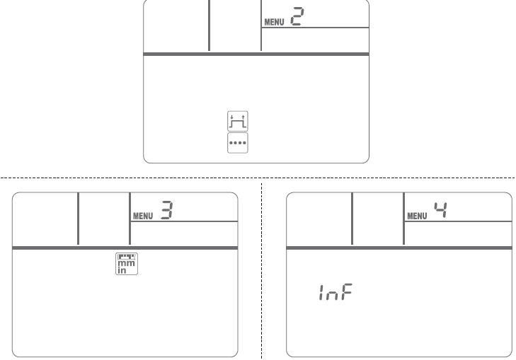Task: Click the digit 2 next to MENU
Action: click(x=297, y=16)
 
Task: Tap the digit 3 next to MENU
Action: click(x=167, y=210)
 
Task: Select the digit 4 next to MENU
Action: click(x=441, y=210)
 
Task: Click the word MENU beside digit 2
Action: click(x=274, y=22)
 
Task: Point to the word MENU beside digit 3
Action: click(x=143, y=216)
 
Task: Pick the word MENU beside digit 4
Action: click(x=417, y=216)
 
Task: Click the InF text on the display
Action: click(x=336, y=292)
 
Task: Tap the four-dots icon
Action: click(x=238, y=143)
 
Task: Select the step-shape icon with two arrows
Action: click(x=238, y=121)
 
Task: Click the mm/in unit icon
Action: click(x=127, y=264)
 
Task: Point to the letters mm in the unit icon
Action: click(x=127, y=263)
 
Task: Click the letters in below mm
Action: click(x=122, y=270)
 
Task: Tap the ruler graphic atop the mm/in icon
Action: click(x=127, y=257)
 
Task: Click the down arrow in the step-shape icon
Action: click(x=231, y=117)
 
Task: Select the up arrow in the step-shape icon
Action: click(x=243, y=117)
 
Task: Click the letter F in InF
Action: click(x=347, y=292)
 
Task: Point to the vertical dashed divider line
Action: click(x=262, y=271)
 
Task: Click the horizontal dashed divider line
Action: click(x=258, y=178)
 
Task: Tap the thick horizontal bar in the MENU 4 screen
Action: click(x=399, y=248)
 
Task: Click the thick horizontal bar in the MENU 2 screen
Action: click(x=256, y=54)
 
